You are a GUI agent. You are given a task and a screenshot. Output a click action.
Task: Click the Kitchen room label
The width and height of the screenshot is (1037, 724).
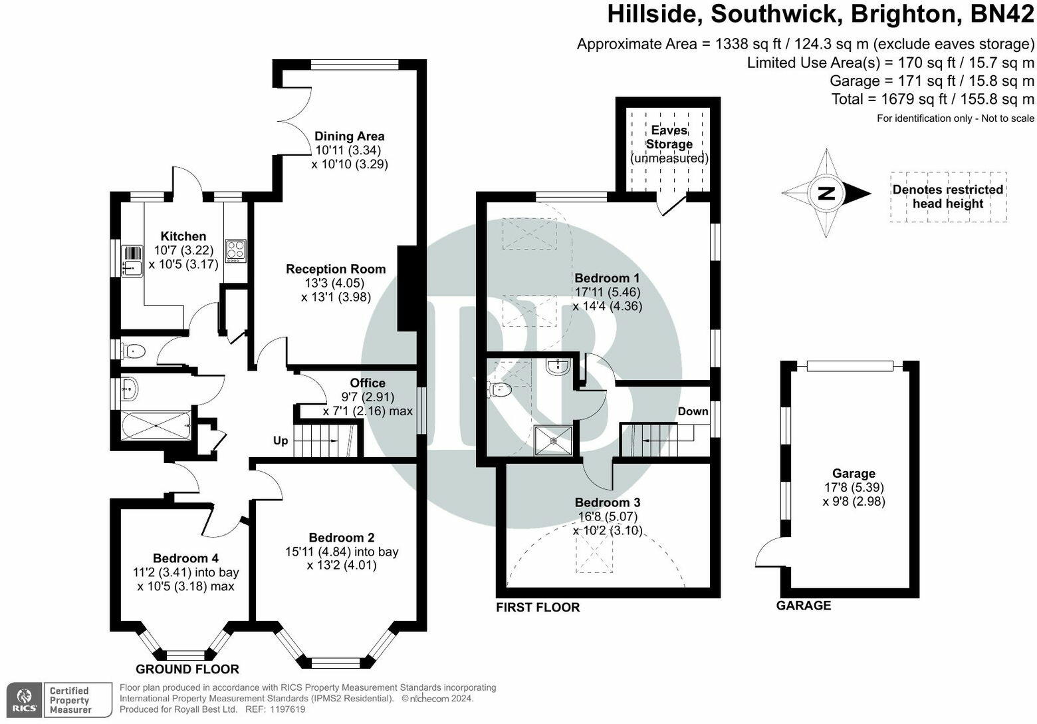pyautogui.click(x=183, y=236)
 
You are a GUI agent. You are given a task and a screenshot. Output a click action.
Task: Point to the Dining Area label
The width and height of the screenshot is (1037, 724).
pyautogui.click(x=349, y=136)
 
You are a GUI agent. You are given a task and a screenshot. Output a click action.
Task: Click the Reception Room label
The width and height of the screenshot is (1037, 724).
pyautogui.click(x=336, y=269)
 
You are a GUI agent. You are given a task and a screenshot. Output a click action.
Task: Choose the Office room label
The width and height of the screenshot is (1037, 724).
pyautogui.click(x=368, y=383)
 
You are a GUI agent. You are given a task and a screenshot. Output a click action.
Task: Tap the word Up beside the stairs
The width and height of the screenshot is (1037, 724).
pyautogui.click(x=281, y=441)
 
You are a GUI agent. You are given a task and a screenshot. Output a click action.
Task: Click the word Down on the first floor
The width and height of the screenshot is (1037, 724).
pyautogui.click(x=693, y=411)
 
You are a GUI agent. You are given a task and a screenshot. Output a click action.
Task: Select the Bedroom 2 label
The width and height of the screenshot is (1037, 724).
pyautogui.click(x=342, y=537)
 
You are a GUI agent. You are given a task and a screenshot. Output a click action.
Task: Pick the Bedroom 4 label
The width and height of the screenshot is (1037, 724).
pyautogui.click(x=185, y=558)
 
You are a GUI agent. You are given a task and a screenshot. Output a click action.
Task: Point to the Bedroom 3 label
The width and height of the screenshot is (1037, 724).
pyautogui.click(x=608, y=502)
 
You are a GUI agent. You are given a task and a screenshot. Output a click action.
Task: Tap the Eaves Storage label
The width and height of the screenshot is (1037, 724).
pyautogui.click(x=669, y=137)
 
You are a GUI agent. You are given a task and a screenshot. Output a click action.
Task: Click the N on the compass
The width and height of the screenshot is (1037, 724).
pyautogui.click(x=826, y=194)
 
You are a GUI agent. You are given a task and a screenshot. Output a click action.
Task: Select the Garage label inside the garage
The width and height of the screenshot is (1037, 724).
pyautogui.click(x=854, y=473)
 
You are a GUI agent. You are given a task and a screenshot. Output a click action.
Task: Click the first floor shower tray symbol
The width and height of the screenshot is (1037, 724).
pyautogui.click(x=553, y=441)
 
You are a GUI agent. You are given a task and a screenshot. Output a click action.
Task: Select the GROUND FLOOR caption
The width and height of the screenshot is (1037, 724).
pyautogui.click(x=187, y=669)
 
